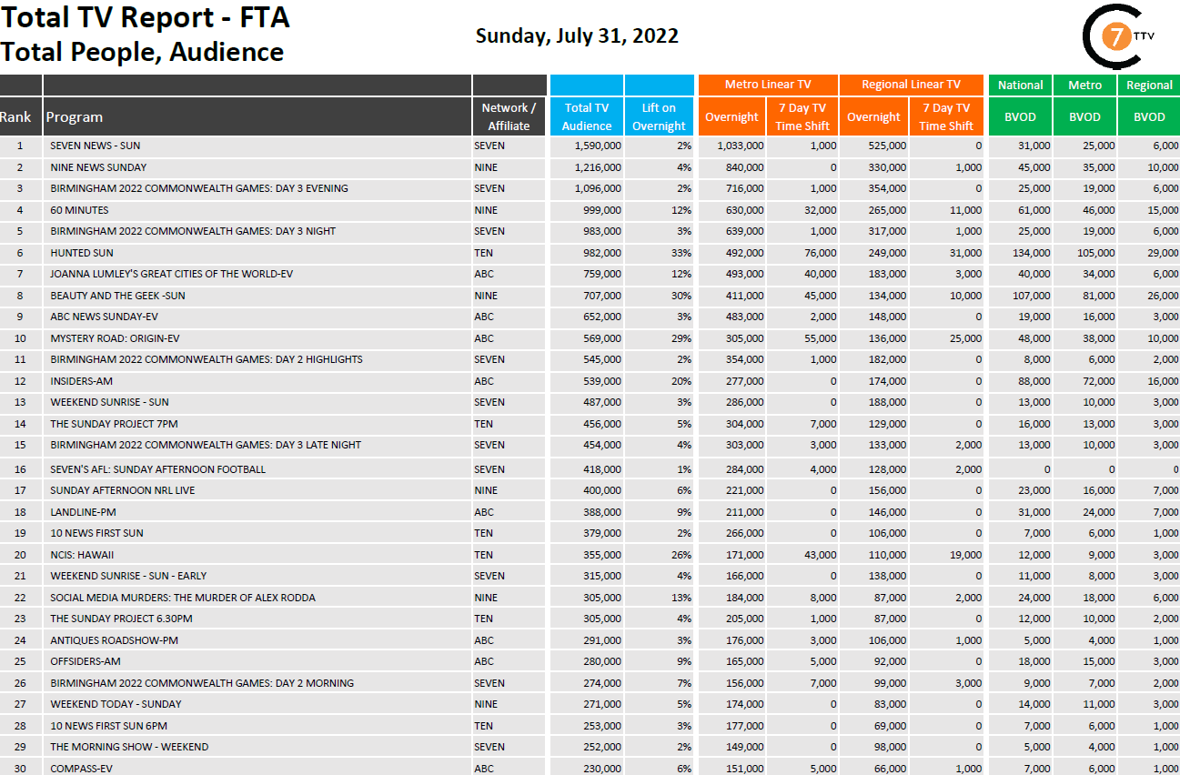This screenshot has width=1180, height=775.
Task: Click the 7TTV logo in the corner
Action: point(1111,37)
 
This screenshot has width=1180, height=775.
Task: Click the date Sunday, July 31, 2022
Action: point(577,36)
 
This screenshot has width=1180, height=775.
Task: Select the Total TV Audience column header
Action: point(586,116)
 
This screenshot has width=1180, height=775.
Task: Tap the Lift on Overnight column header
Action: point(659,116)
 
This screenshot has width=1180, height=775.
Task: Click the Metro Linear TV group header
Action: point(767,85)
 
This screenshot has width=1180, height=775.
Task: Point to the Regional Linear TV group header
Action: point(910,85)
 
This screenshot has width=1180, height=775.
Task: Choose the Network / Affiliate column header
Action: point(509,116)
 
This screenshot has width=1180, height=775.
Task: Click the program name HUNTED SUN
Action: point(82,253)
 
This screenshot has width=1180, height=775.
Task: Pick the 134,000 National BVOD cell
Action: point(1032,253)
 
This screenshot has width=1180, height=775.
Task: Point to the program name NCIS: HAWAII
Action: point(82,555)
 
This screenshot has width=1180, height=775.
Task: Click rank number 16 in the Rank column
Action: point(20,469)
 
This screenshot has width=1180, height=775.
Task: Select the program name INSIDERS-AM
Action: point(82,381)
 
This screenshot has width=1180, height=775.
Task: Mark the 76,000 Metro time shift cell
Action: point(820,253)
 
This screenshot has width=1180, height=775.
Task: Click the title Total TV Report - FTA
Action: point(146,17)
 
